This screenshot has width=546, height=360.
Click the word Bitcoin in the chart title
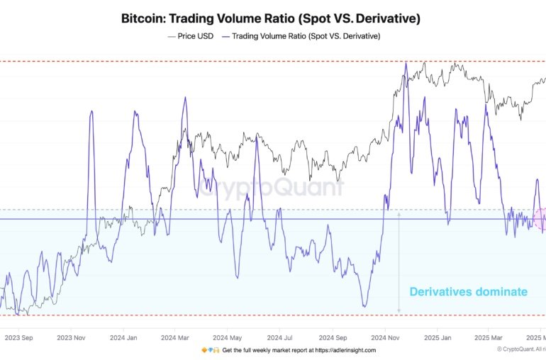tap(145, 18)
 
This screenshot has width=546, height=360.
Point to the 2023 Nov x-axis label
tap(71, 337)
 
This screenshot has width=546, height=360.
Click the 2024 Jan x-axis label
tap(126, 337)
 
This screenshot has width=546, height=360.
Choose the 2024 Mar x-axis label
tap(174, 337)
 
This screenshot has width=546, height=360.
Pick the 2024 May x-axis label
tap(228, 337)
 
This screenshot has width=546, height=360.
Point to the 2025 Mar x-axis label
tap(489, 337)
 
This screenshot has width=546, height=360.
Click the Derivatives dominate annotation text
tap(468, 291)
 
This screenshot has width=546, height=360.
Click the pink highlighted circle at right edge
tap(542, 220)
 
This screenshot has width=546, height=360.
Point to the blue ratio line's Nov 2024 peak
tap(406, 64)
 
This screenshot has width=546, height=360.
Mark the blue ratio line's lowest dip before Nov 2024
tap(364, 306)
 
